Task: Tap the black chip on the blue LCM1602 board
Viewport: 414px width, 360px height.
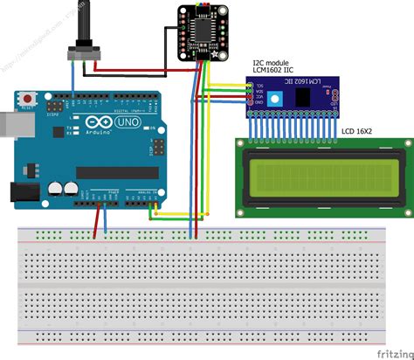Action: (309, 97)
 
